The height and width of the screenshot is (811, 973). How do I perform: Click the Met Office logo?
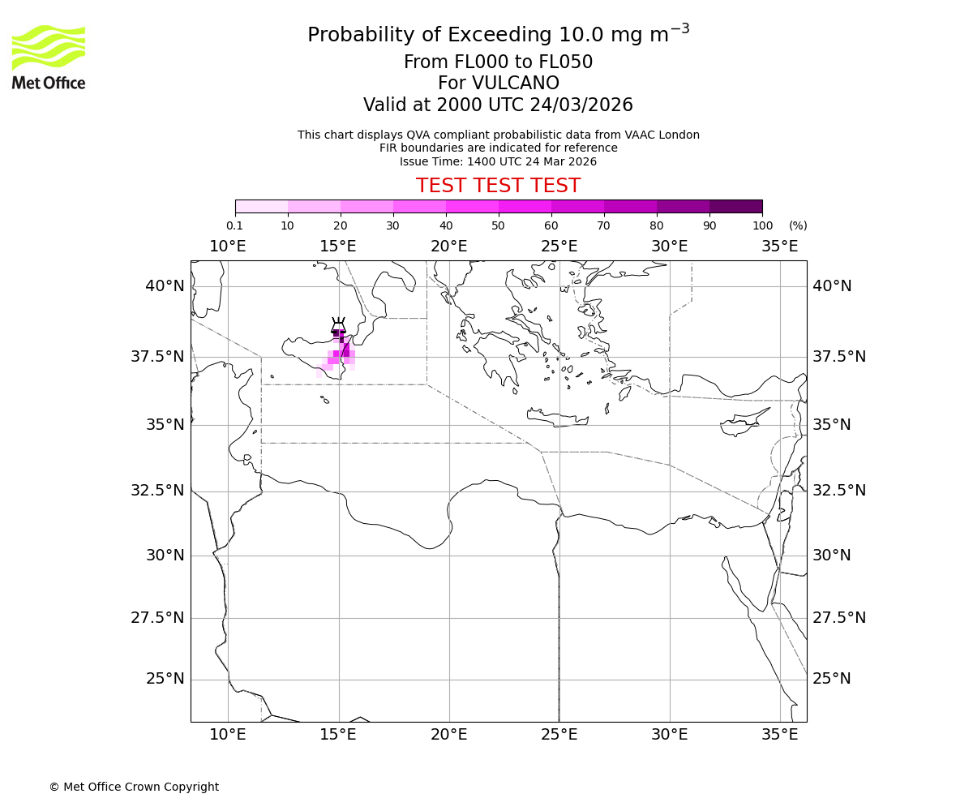click(x=49, y=57)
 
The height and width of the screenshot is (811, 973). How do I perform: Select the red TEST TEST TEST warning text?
click(x=498, y=186)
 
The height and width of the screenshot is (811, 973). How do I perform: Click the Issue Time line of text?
click(x=498, y=161)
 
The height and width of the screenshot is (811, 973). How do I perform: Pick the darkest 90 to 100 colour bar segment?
click(x=735, y=206)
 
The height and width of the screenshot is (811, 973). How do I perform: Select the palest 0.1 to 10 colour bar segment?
click(x=261, y=206)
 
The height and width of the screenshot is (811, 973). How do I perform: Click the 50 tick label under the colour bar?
click(x=498, y=225)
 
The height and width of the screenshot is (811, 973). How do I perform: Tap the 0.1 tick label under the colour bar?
click(x=234, y=225)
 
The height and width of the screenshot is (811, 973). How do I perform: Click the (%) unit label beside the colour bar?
click(x=798, y=225)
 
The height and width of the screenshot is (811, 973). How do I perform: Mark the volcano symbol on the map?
click(x=338, y=327)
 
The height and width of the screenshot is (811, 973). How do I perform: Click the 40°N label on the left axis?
click(x=165, y=286)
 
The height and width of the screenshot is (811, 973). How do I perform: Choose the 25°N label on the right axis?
click(x=832, y=679)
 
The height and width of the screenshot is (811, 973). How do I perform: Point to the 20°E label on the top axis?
click(x=448, y=247)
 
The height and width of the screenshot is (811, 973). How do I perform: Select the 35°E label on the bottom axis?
click(x=780, y=735)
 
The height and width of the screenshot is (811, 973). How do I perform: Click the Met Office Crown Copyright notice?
click(x=134, y=787)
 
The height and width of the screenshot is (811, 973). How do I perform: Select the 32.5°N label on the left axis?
click(x=158, y=491)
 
